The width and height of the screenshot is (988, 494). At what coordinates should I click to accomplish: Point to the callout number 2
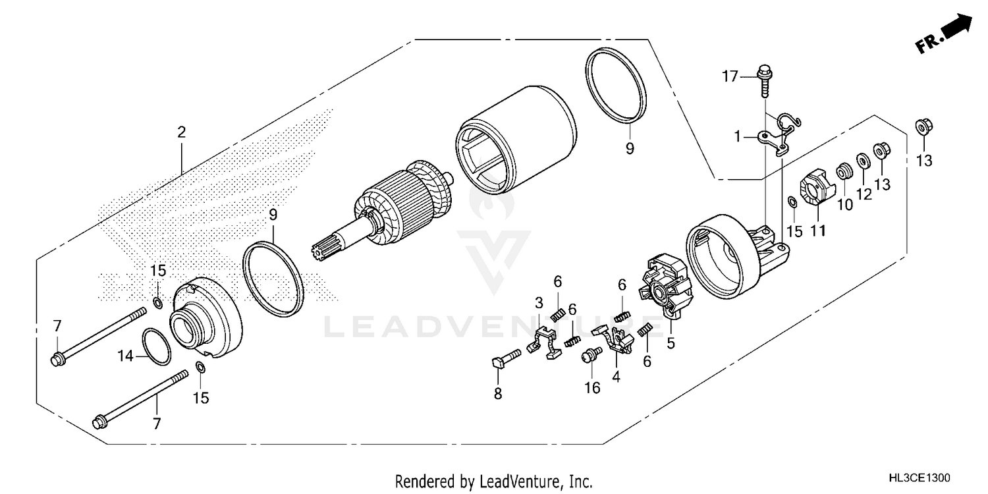181,132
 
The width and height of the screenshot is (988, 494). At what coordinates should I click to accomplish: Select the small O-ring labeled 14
156,346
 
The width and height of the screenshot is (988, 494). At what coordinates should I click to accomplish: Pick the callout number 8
498,394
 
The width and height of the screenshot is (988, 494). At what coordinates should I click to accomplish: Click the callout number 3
539,303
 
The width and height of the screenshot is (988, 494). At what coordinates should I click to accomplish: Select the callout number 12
864,194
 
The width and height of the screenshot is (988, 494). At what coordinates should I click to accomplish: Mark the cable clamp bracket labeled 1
774,136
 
